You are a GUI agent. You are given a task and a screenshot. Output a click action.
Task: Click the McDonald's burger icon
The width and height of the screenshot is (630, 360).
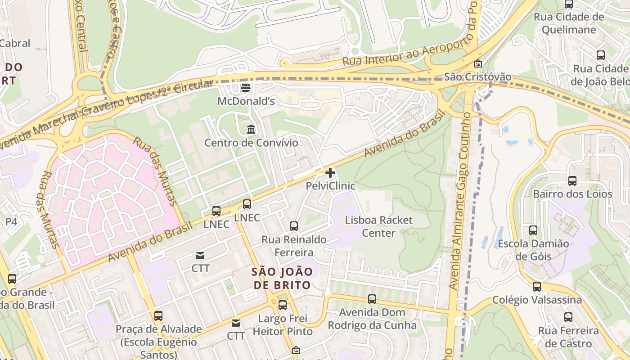pos(245,88)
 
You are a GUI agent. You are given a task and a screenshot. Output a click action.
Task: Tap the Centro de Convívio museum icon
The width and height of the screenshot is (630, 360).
pos(251,130)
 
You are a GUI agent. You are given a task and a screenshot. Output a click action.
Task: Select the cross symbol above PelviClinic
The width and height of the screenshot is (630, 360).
pos(330,172)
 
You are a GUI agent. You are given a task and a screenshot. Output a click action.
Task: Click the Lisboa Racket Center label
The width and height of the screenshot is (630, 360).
pos(378,226)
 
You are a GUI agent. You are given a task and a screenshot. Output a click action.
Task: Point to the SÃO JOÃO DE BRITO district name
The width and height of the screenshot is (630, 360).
pos(282,278)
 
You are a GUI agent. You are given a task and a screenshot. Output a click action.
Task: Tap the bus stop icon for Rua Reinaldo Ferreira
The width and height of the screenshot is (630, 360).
pos(294,226)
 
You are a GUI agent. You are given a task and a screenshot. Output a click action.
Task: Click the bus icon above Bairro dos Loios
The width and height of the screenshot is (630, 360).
pos(572,181)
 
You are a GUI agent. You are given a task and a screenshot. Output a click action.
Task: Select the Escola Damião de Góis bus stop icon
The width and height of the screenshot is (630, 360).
pos(533,230)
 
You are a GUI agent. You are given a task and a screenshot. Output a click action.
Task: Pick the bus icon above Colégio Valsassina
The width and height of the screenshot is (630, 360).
pos(537,287)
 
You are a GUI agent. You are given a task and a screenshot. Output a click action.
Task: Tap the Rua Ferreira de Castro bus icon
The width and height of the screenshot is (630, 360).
pos(568,317)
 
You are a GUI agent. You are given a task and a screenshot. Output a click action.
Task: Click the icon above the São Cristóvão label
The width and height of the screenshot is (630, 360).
pos(478,64)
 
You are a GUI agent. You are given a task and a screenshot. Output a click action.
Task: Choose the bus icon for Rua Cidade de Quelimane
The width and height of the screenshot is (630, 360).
pos(569,4)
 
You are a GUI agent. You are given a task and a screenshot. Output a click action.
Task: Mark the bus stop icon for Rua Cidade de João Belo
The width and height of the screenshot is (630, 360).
pos(601,55)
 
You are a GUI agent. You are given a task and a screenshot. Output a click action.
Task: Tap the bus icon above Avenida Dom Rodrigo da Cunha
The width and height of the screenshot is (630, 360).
pos(372,299)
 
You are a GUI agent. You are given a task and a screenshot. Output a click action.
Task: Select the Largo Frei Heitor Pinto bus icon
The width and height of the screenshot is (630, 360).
pos(283,305)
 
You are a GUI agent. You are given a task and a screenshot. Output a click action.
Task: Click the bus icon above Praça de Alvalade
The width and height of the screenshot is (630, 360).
pos(158,316)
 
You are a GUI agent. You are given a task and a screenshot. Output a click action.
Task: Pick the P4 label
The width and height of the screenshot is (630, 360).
pos(11,221)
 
